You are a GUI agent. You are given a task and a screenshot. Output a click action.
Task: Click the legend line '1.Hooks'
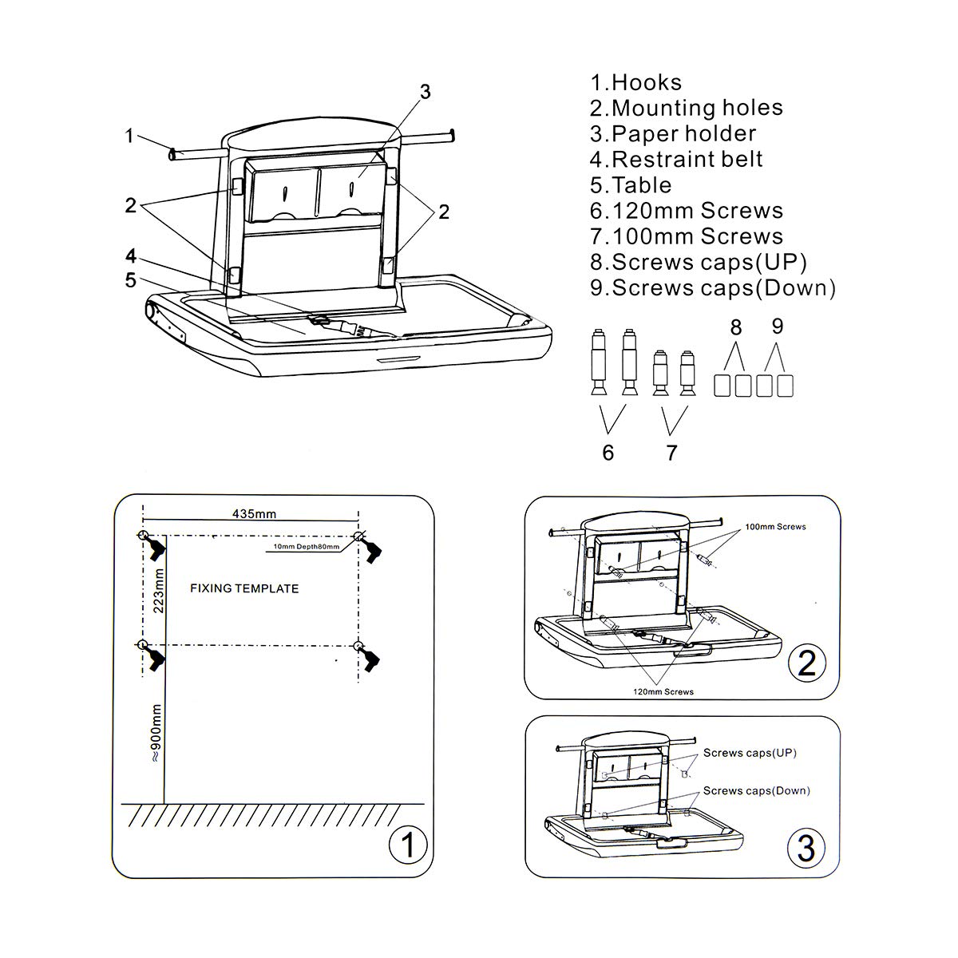pos(636,83)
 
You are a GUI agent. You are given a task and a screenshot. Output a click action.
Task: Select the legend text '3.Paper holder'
pos(673,134)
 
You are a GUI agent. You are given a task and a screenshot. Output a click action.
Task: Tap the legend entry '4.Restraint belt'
pos(676,160)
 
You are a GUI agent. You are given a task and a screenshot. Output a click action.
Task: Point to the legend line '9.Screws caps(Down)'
pos(713,288)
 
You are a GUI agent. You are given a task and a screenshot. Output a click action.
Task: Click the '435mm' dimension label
pos(254,514)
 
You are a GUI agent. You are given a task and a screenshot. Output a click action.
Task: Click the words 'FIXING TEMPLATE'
pos(244,589)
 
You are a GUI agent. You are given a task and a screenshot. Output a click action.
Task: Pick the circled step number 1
pos(407,845)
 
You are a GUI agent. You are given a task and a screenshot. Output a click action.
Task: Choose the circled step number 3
pos(806,847)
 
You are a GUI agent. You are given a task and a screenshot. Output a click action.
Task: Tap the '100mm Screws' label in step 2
pos(775,527)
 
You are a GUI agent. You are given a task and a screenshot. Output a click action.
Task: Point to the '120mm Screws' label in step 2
pos(663,691)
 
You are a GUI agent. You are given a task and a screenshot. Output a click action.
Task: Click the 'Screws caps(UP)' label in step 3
pos(750,753)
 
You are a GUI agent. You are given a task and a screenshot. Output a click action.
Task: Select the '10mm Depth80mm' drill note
pos(307,547)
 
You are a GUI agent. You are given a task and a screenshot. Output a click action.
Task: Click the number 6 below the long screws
pos(608,453)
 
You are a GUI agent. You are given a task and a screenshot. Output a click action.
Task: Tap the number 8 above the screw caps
pos(735,327)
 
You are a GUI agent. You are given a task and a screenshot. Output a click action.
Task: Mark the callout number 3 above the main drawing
pos(426,92)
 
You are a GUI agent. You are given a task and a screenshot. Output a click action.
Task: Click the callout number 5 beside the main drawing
pos(131,279)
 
